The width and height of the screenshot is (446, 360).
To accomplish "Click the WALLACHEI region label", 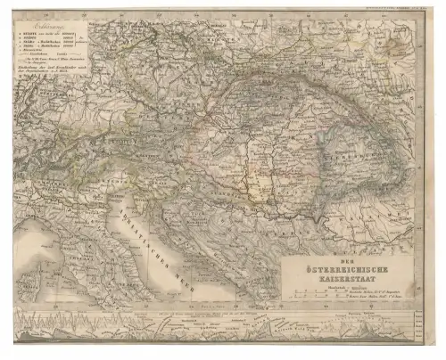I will (375, 209).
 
